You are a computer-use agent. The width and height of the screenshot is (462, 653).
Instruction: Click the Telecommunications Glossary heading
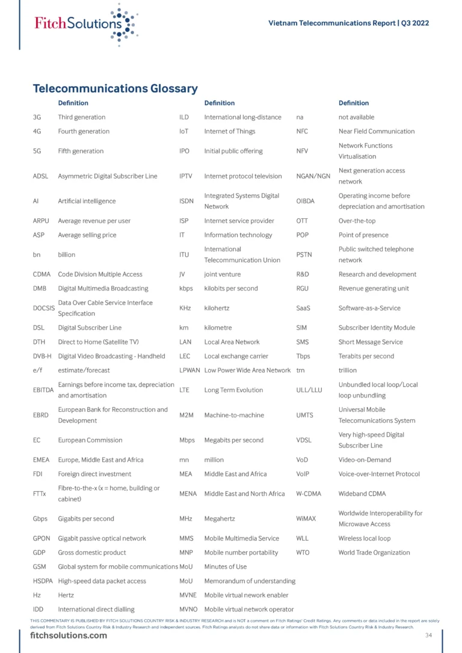[115, 88]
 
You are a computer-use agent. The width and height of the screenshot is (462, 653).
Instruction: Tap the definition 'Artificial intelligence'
[87, 201]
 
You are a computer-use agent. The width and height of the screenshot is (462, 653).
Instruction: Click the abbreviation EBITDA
[43, 390]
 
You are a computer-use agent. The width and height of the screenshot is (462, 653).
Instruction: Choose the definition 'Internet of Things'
[229, 131]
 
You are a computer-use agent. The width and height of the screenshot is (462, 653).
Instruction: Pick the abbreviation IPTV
[187, 176]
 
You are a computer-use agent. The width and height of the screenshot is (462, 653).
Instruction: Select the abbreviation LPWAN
[189, 370]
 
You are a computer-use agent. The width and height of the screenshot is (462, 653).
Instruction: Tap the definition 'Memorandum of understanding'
[250, 581]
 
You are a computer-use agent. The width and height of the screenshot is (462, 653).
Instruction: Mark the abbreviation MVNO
[189, 609]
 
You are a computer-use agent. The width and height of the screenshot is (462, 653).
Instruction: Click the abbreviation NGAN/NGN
[313, 176]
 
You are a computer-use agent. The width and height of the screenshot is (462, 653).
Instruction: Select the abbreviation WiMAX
[306, 518]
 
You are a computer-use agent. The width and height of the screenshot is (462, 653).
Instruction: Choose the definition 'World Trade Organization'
[374, 553]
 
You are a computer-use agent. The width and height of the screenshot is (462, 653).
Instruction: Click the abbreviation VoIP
[303, 474]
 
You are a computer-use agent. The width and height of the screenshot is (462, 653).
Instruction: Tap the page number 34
[428, 636]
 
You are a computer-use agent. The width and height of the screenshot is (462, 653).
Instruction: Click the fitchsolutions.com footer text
[69, 636]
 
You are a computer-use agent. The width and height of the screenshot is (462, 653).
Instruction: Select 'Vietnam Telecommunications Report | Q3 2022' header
[348, 23]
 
